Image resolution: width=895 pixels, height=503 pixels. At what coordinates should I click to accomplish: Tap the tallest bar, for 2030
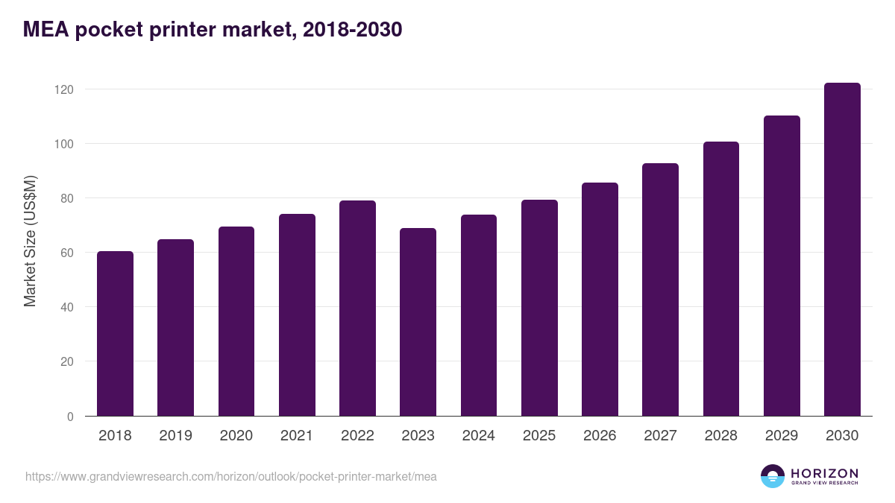pos(842,250)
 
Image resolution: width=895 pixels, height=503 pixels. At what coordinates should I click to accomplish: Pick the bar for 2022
pos(357,309)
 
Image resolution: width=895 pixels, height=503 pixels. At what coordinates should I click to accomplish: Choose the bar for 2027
pos(660,290)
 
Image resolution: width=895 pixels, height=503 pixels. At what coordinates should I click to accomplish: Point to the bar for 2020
pos(236,321)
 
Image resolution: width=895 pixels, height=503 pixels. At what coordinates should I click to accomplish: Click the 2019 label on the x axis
pos(175,436)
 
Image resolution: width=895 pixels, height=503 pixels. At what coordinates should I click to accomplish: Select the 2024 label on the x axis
pos(478,436)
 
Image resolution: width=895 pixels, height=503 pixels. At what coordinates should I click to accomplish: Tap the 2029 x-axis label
pos(782,436)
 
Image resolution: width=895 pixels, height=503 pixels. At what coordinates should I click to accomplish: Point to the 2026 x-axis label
pos(600,436)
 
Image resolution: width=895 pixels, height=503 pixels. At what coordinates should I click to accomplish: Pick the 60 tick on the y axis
pos(66,253)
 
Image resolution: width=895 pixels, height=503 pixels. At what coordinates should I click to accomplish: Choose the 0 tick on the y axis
pos(70,417)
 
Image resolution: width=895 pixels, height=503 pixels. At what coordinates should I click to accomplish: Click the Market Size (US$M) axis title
pos(30,241)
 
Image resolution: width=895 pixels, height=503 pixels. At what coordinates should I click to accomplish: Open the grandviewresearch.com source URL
pos(230,476)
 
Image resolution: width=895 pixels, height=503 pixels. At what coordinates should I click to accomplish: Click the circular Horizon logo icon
pos(773,476)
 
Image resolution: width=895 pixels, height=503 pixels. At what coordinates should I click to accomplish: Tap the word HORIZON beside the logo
pos(824,472)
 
